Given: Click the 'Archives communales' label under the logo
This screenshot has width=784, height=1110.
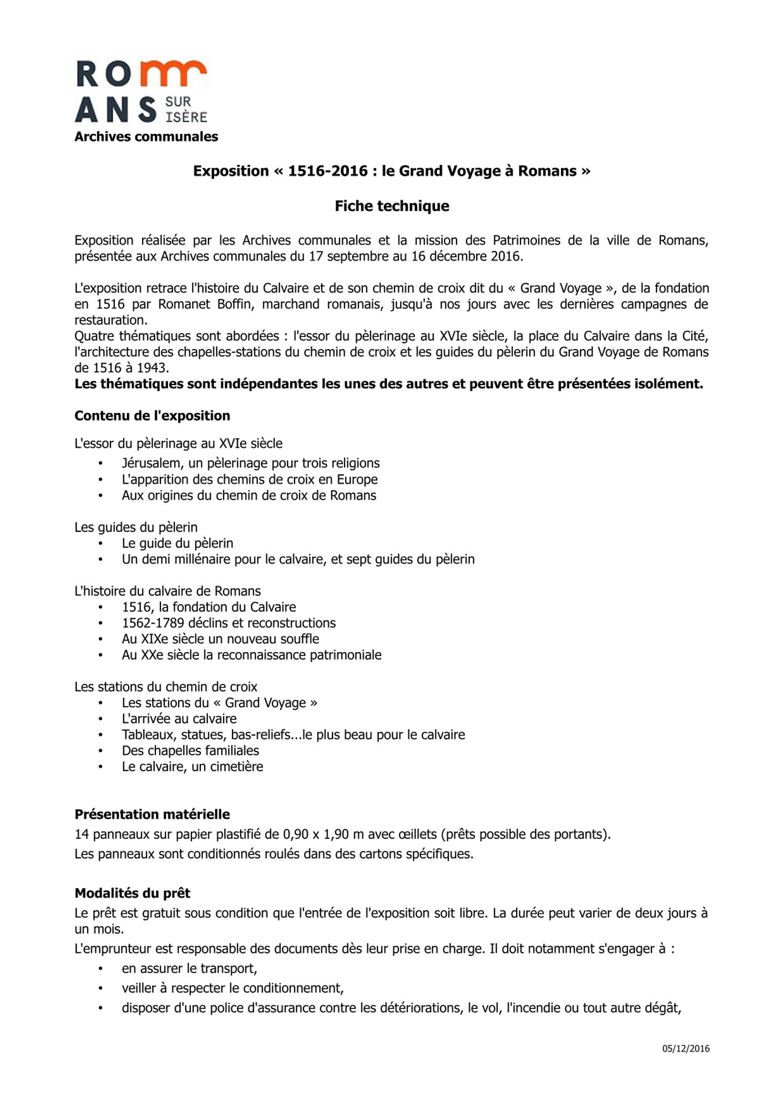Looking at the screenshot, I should coord(146,137).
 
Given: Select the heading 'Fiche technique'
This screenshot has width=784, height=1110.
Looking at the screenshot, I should coord(392,206).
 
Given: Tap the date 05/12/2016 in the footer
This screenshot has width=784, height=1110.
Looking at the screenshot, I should coord(686,1048).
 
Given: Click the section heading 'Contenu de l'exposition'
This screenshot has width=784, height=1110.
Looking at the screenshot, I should coord(152,416).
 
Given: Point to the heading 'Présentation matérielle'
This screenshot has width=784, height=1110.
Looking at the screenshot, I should coord(152,814).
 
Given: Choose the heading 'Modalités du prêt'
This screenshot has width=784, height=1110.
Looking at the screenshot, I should coord(132,893).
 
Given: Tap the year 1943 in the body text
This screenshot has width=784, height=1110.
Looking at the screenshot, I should coord(152,367).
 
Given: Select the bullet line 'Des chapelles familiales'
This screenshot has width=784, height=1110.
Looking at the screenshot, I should coord(190,750).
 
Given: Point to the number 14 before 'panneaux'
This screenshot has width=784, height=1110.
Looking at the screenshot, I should coord(82,834).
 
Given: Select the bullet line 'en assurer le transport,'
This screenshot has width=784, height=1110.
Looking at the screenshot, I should coord(189,968).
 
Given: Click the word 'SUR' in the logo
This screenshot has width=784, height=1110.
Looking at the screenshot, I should coord(178,102).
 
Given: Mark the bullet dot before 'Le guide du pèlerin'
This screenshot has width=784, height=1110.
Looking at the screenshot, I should coord(100,543).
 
